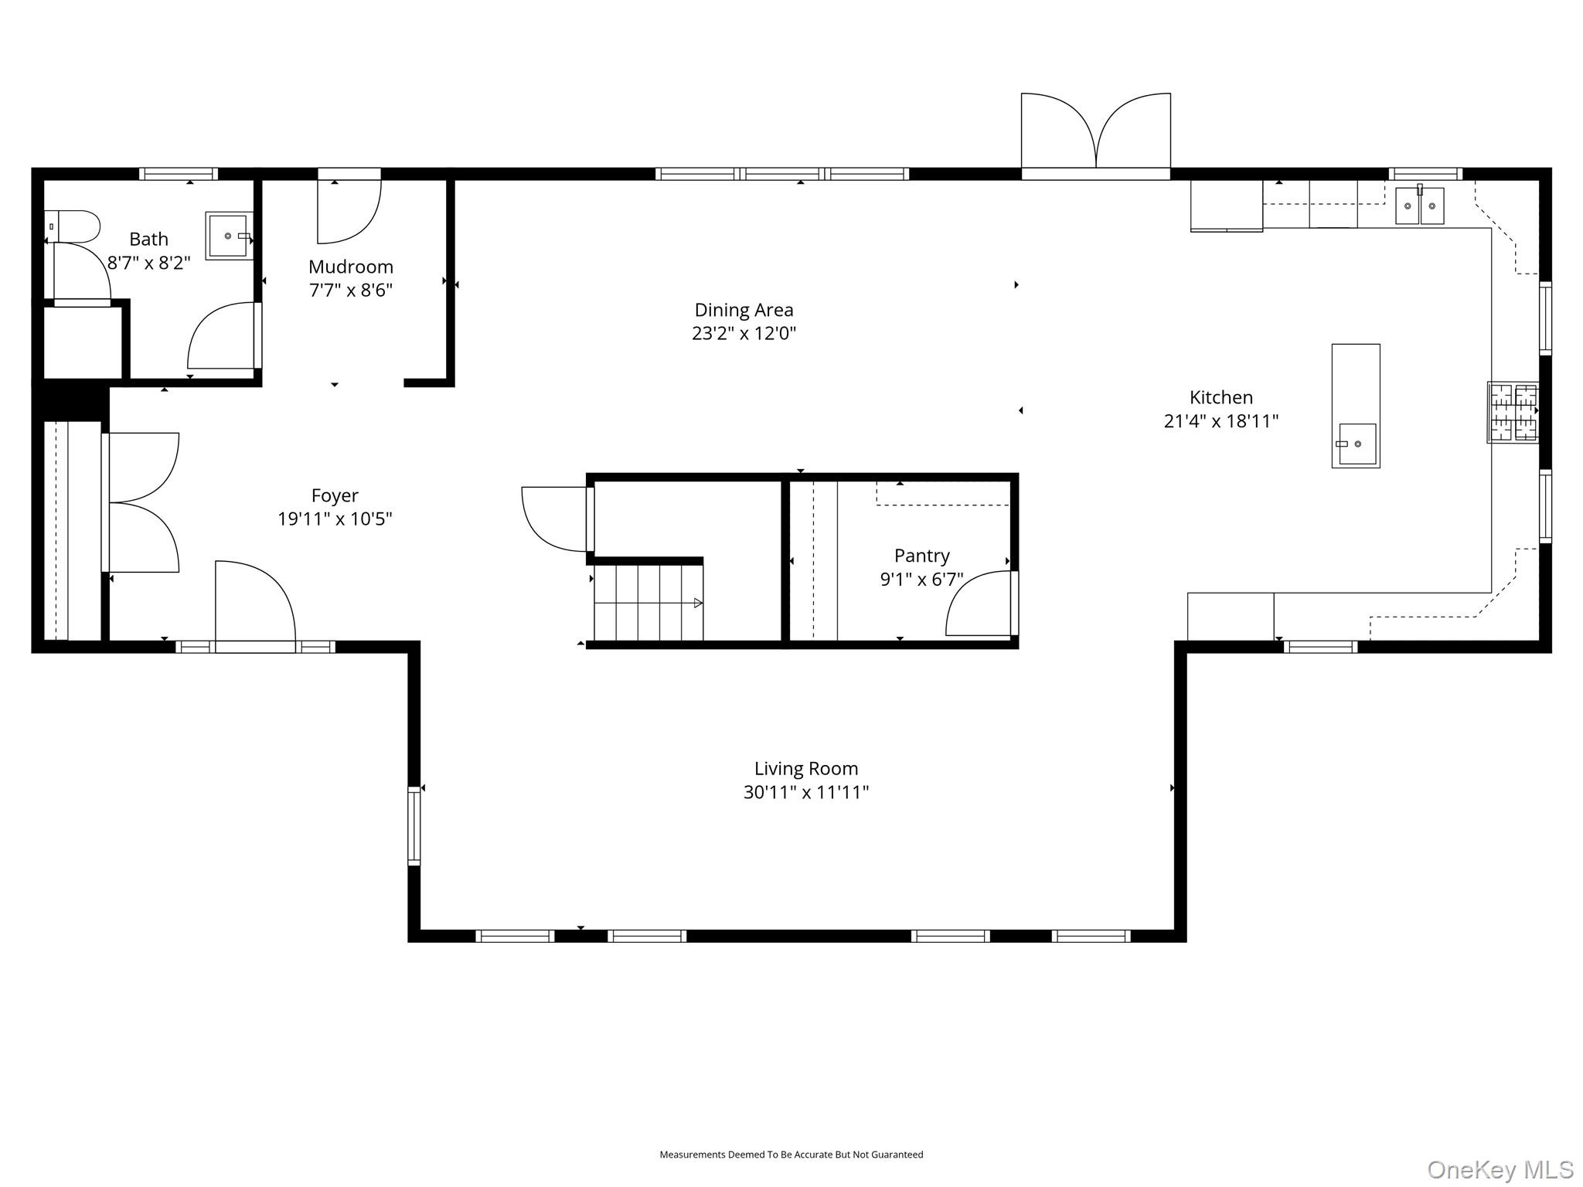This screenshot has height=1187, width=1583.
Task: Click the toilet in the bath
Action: point(73,226)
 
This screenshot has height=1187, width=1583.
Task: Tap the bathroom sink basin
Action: point(228,236)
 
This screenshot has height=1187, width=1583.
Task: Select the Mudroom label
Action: point(351,267)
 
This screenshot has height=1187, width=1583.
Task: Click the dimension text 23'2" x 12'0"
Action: point(744,333)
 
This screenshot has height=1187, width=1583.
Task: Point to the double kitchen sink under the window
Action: point(1419,206)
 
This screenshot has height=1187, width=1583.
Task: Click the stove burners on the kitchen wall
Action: point(1513,413)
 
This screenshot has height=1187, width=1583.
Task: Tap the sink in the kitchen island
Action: point(1357,444)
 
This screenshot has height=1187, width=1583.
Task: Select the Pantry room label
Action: point(921,556)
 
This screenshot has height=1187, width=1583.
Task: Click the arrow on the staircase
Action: point(697,603)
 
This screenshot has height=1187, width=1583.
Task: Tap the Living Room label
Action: point(806,768)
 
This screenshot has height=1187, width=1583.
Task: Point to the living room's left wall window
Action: point(414,825)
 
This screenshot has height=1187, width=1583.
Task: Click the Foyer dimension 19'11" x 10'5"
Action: point(335,519)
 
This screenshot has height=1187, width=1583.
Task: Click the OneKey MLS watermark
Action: point(1500,1169)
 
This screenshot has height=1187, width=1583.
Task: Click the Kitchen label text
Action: point(1220,397)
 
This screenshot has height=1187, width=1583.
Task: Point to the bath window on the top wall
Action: point(179,174)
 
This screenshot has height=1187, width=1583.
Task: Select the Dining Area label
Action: point(744,310)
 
